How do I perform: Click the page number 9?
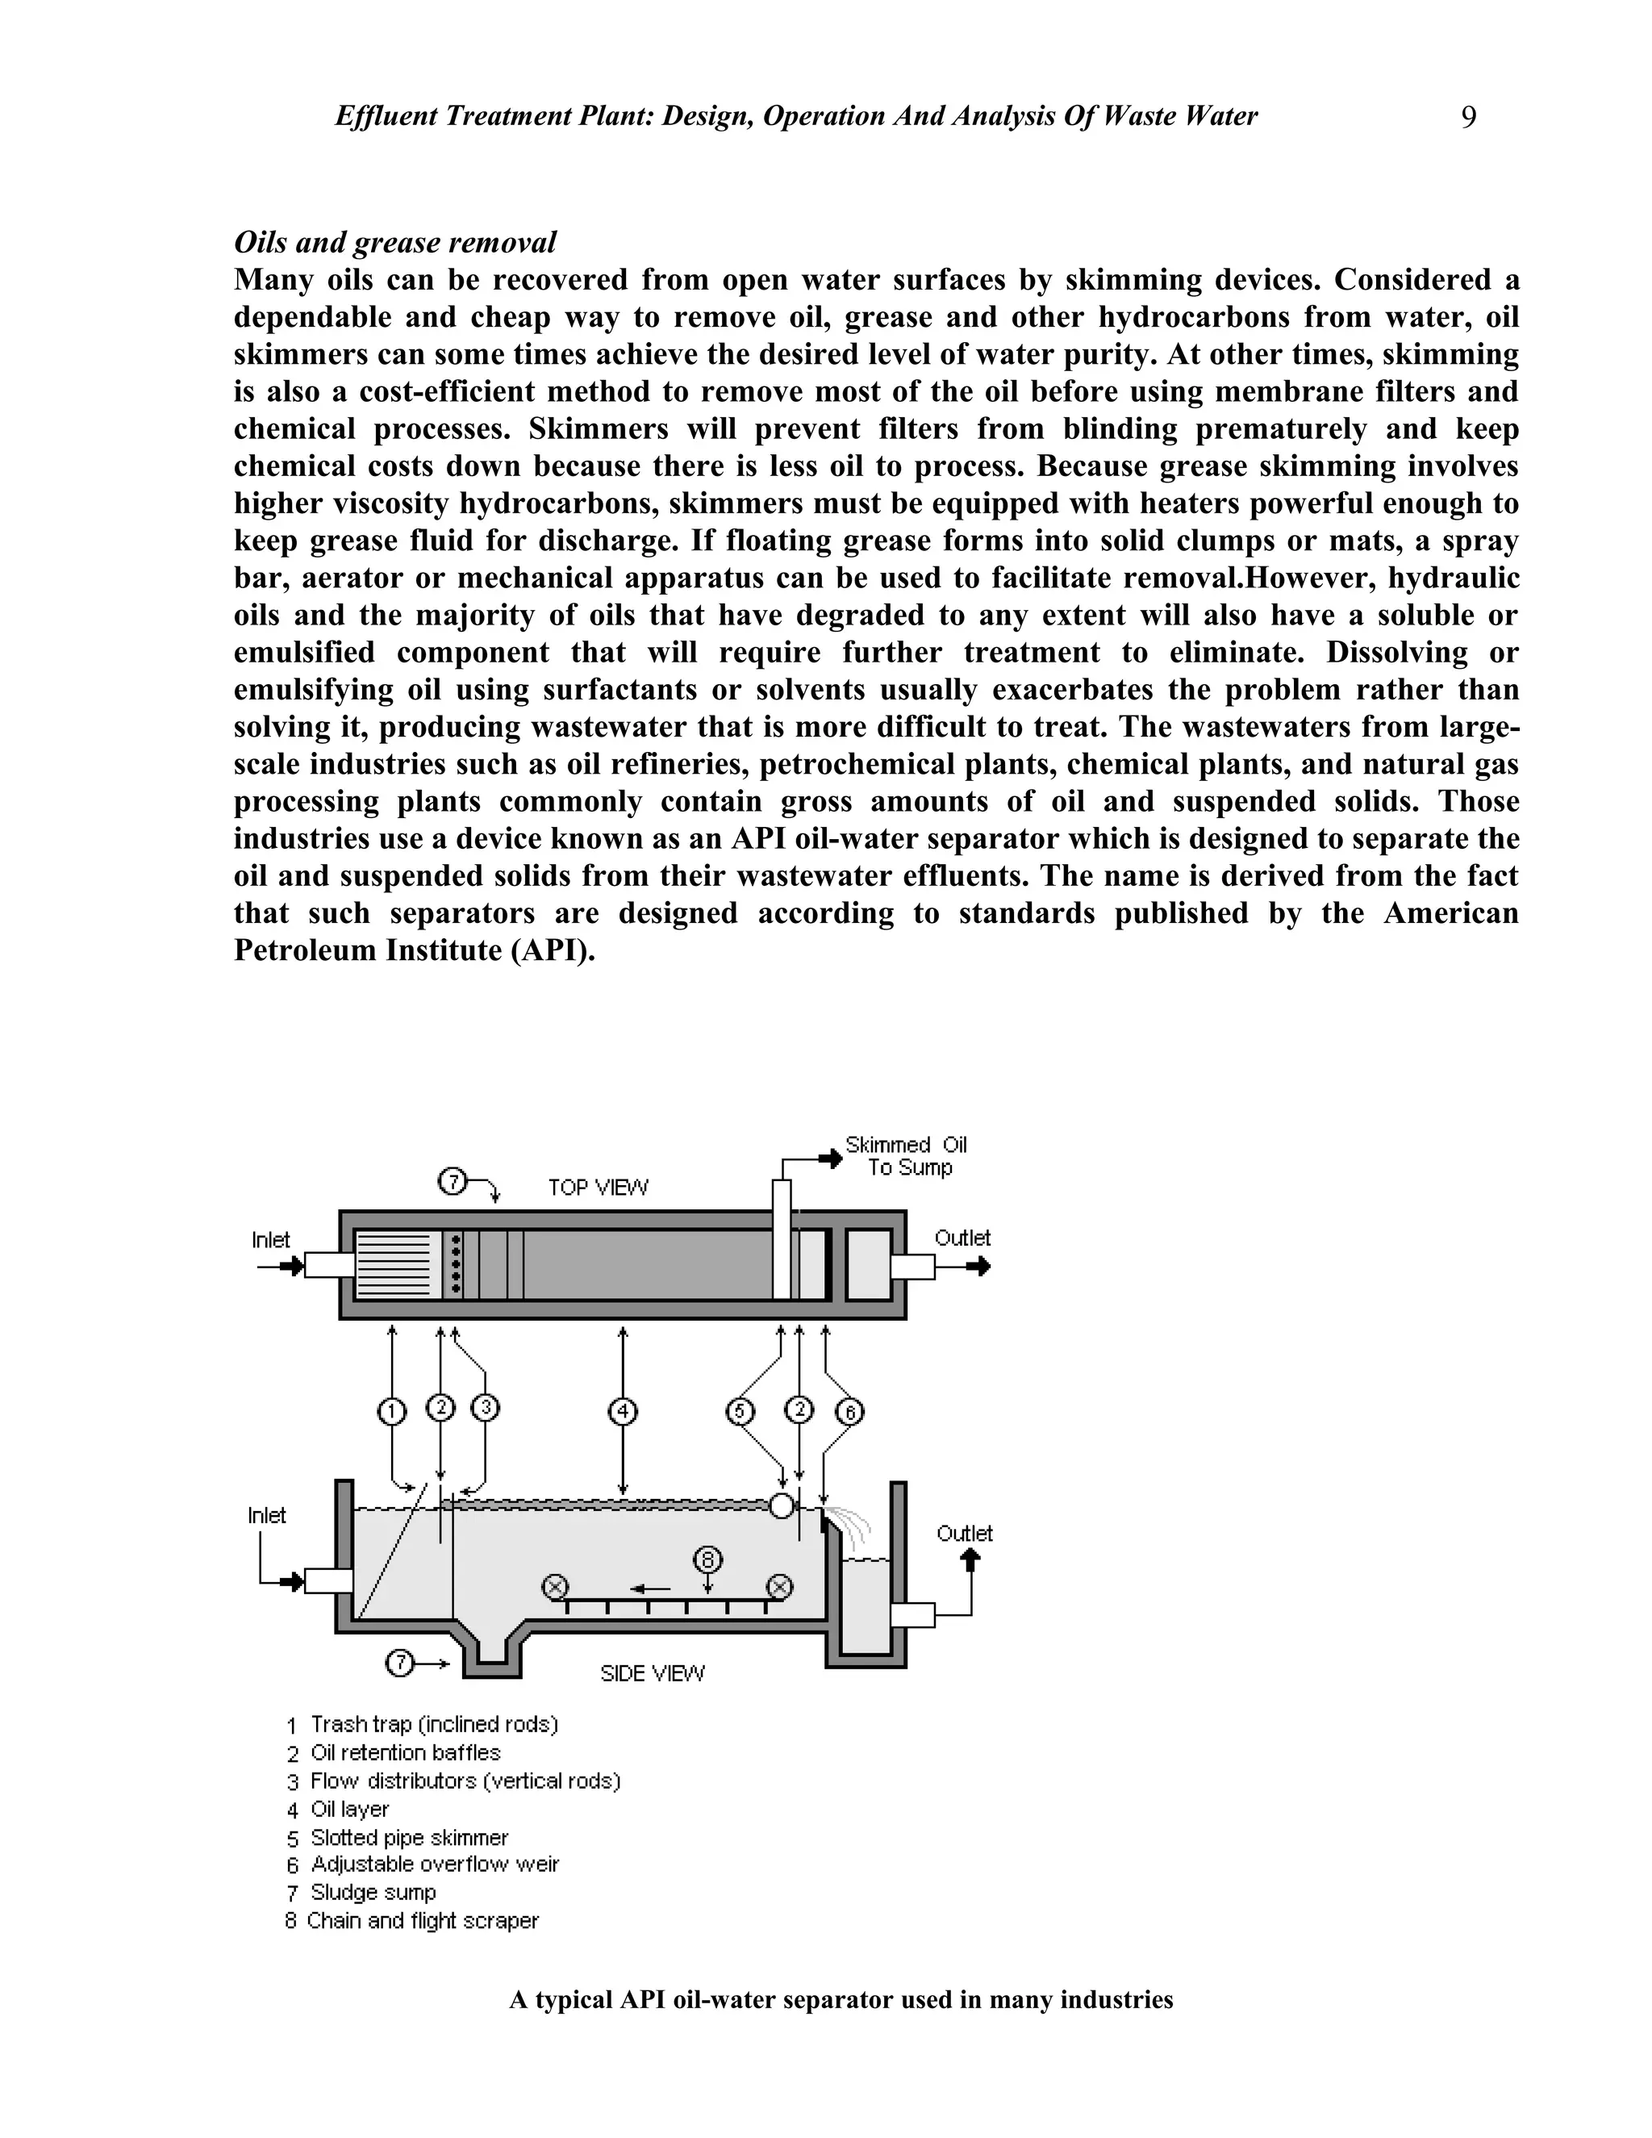tap(1468, 119)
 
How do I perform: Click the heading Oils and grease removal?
tap(394, 242)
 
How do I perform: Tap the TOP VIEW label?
tap(597, 1188)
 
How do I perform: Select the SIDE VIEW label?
tap(652, 1674)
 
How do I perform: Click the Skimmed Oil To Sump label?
tap(906, 1156)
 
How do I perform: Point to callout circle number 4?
tap(623, 1412)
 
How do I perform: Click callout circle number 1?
tap(391, 1412)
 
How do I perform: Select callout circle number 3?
tap(486, 1408)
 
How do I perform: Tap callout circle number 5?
tap(740, 1412)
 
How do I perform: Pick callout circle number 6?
tap(849, 1413)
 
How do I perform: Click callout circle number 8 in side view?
tap(707, 1559)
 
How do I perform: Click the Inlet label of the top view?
tap(270, 1240)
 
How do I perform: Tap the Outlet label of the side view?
tap(964, 1534)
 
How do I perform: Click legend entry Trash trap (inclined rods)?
tap(433, 1724)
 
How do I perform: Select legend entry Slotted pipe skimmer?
tap(409, 1837)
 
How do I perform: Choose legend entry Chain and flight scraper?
tap(422, 1921)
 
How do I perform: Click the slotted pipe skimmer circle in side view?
tap(781, 1505)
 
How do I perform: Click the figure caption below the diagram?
tap(841, 2000)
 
